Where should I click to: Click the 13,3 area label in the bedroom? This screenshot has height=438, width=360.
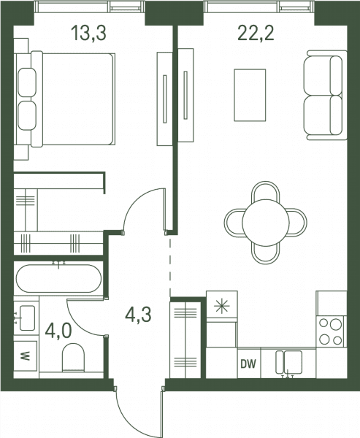tap(88, 34)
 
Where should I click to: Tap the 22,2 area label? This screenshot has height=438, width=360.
tap(256, 34)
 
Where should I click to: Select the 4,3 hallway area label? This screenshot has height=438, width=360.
tap(138, 315)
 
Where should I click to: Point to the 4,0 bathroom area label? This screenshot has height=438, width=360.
tap(58, 331)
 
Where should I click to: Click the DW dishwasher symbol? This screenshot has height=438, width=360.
tap(248, 364)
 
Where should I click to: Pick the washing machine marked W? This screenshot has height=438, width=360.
tap(26, 356)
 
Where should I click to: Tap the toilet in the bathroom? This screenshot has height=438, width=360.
tap(73, 358)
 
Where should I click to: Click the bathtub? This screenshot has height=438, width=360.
tap(58, 279)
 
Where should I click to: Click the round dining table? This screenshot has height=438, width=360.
tap(266, 223)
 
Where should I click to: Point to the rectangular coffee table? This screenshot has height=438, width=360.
tap(250, 95)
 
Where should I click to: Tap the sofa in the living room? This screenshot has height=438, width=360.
tap(326, 95)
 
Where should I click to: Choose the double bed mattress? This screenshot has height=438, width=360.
tap(78, 99)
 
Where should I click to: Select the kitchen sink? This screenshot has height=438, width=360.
tap(289, 363)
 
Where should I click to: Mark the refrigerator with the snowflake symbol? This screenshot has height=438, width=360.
tap(222, 306)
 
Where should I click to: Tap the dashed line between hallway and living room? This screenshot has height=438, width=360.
tap(170, 266)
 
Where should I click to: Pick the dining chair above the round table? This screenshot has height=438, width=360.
tap(266, 192)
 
